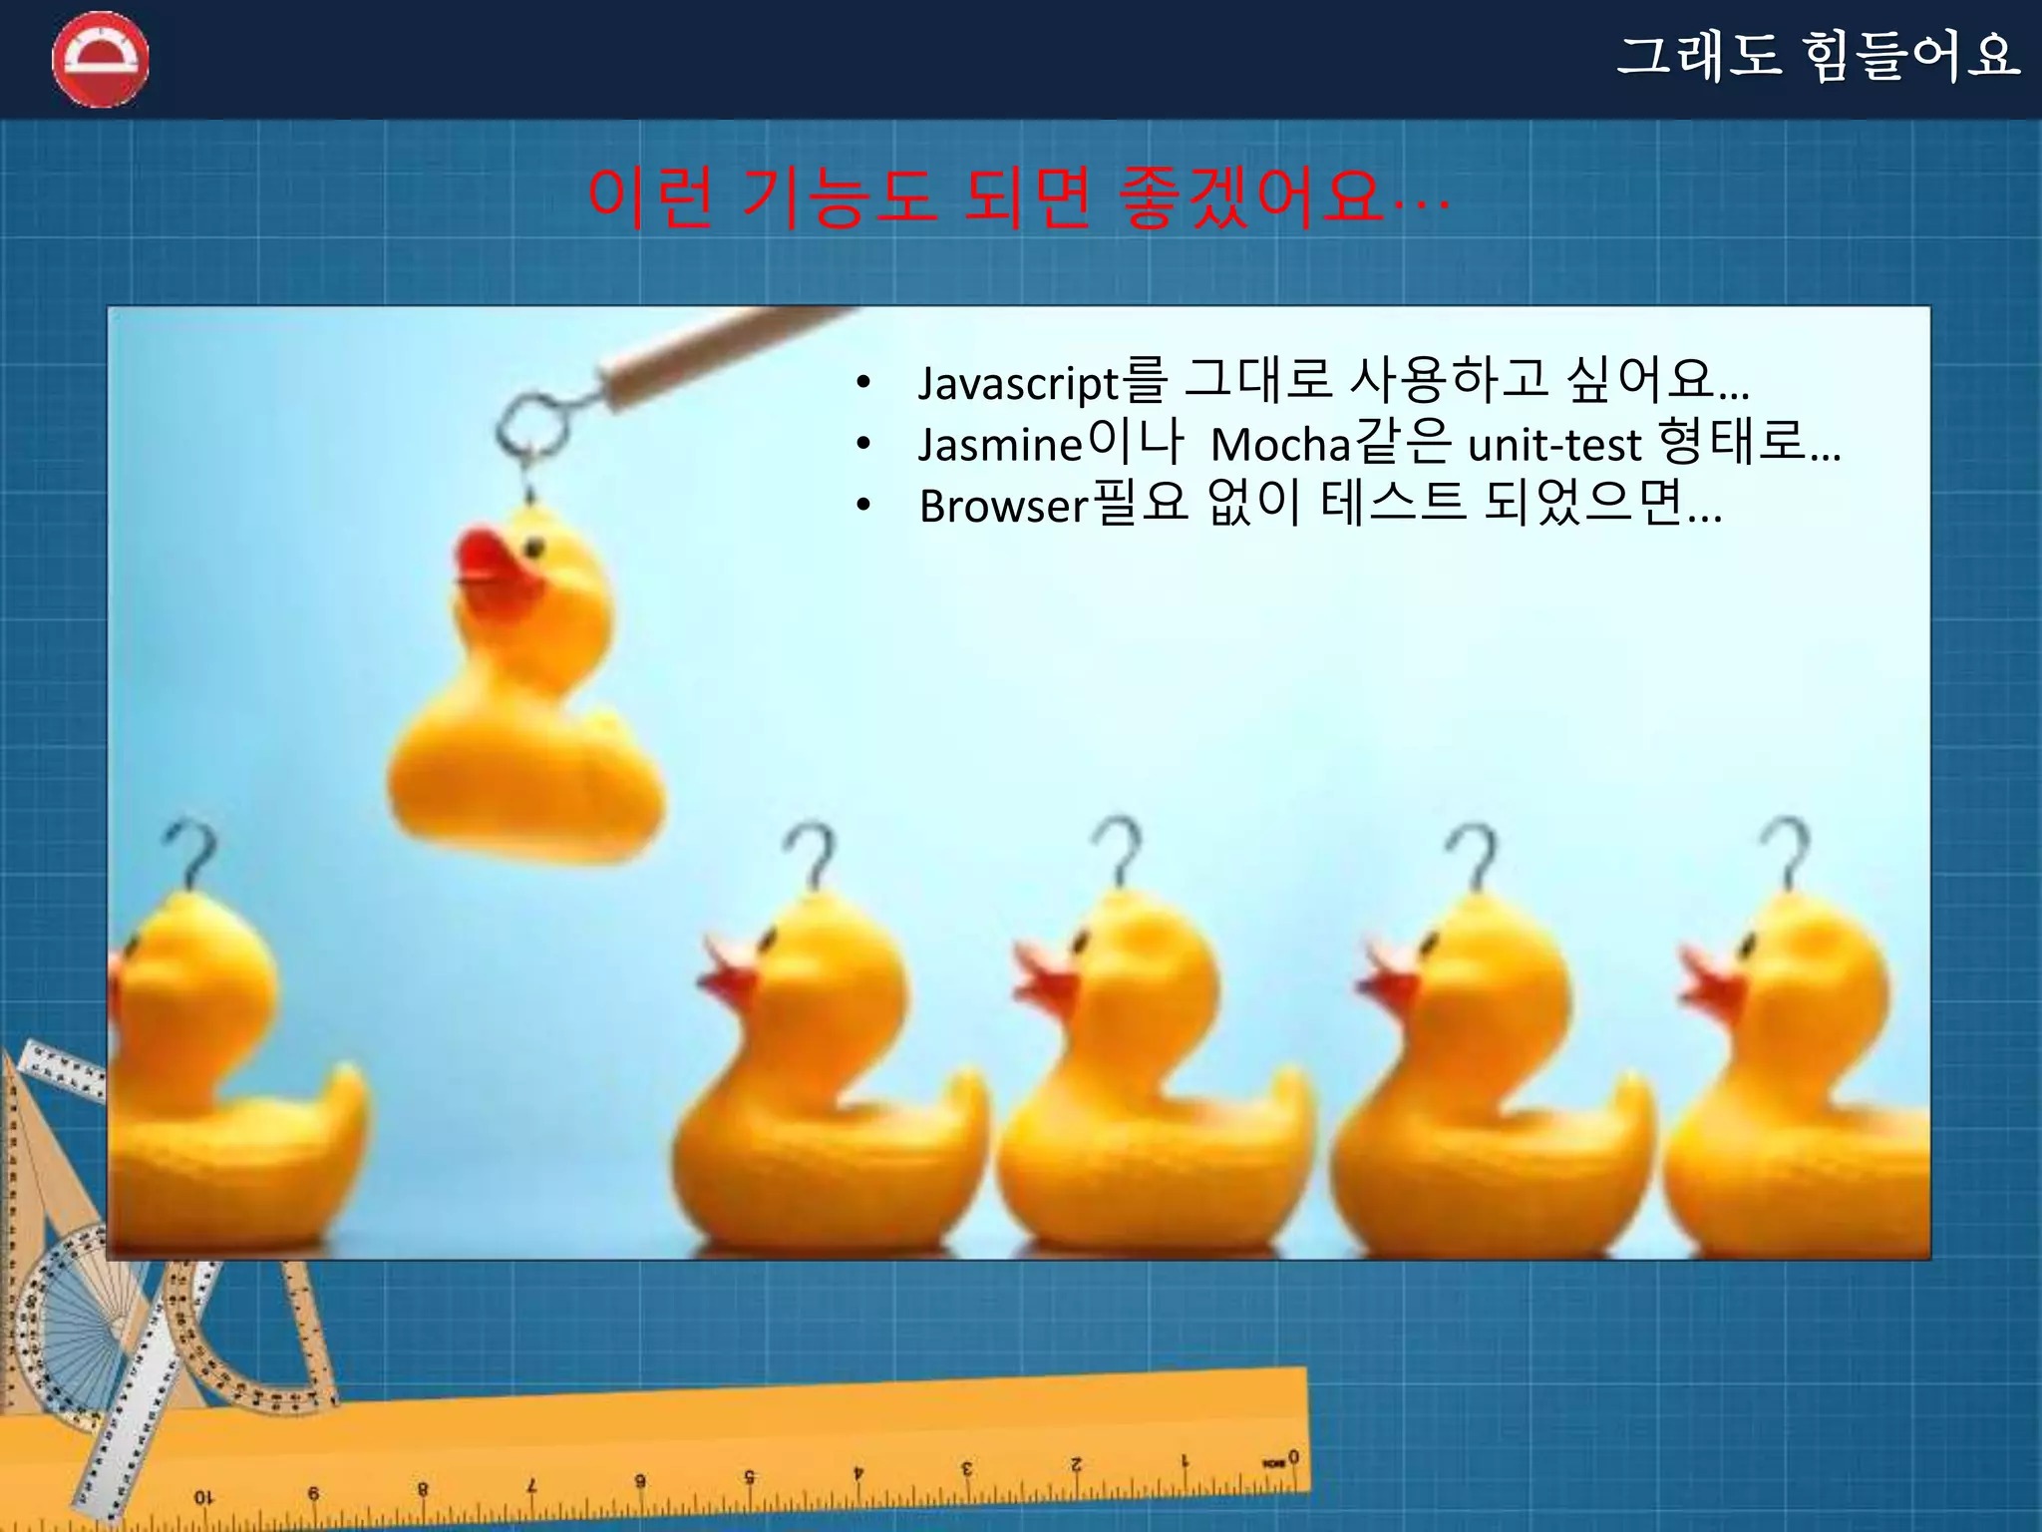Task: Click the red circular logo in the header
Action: (100, 60)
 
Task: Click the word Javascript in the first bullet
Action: (1017, 383)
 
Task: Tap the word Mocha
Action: (1280, 445)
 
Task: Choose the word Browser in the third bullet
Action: (1002, 507)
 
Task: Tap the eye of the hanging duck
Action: (535, 547)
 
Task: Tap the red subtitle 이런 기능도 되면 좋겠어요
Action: (1017, 197)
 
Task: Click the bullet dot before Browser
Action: (863, 506)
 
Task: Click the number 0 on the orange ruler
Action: (1293, 1457)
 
